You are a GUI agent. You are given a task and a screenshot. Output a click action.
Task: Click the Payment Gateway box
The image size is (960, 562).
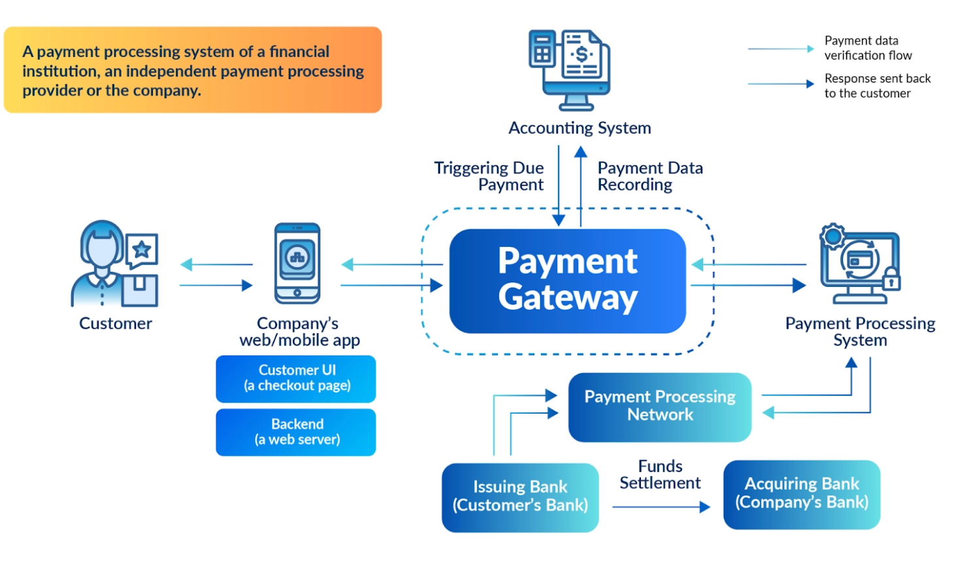pyautogui.click(x=567, y=280)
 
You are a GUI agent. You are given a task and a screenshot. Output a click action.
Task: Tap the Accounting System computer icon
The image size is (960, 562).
pyautogui.click(x=570, y=69)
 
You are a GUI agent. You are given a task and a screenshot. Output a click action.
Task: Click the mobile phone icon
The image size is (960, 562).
pyautogui.click(x=298, y=263)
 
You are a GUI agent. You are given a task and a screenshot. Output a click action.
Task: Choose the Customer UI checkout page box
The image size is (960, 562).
pyautogui.click(x=296, y=378)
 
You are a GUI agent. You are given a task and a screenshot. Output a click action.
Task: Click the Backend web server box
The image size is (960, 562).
pyautogui.click(x=296, y=432)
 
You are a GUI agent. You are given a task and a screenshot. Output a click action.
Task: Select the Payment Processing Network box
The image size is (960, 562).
pyautogui.click(x=660, y=406)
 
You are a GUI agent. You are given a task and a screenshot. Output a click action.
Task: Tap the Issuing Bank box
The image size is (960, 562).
pyautogui.click(x=520, y=497)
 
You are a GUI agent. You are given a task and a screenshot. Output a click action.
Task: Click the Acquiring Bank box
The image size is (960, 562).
pyautogui.click(x=801, y=494)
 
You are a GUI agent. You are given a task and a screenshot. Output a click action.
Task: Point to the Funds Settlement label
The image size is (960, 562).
pyautogui.click(x=660, y=474)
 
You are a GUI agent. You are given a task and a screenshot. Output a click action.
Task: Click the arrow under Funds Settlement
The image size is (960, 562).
pyautogui.click(x=660, y=507)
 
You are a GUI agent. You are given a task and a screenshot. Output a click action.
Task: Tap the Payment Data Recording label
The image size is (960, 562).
pyautogui.click(x=649, y=176)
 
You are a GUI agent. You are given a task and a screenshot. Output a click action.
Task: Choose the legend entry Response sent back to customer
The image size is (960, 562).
pyautogui.click(x=876, y=86)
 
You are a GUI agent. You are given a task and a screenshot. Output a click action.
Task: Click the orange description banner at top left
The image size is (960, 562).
pyautogui.click(x=193, y=70)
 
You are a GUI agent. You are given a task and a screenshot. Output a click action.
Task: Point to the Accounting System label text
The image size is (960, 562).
pyautogui.click(x=579, y=128)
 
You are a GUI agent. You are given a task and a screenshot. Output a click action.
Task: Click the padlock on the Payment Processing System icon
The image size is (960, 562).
pyautogui.click(x=891, y=280)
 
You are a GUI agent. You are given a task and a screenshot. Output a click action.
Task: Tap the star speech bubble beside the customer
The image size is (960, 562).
pyautogui.click(x=142, y=250)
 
